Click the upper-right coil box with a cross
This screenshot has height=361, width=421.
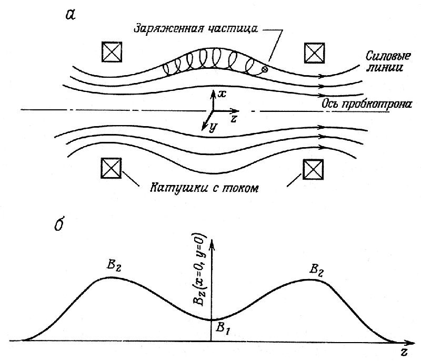tap(314, 52)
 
